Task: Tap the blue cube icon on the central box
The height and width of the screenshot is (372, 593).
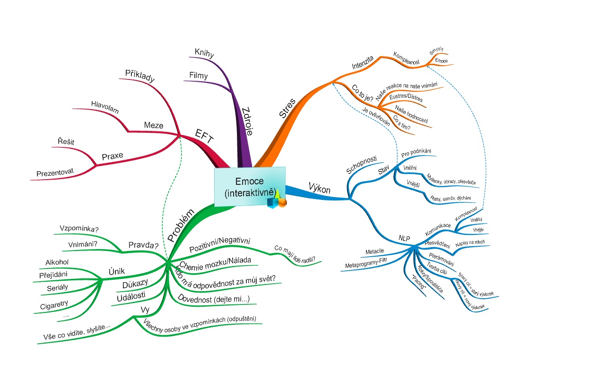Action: pos(272,203)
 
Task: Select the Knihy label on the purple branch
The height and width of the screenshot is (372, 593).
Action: pos(204,51)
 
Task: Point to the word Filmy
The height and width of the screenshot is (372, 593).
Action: pos(198,75)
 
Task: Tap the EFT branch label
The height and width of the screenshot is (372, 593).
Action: pos(205,137)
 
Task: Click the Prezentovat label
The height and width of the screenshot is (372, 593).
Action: pos(55,173)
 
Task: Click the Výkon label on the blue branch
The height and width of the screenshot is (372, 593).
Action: pos(319,187)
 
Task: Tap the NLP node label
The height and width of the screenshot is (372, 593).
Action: pos(404,238)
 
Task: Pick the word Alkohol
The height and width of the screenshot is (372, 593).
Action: pos(57,262)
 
